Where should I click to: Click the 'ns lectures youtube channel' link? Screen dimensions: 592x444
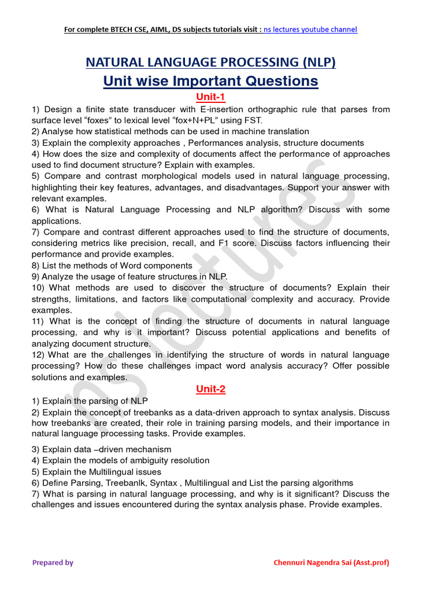pyautogui.click(x=310, y=29)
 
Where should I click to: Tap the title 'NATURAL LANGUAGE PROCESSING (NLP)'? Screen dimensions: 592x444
pyautogui.click(x=210, y=62)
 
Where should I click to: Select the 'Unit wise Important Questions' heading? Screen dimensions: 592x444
pyautogui.click(x=210, y=81)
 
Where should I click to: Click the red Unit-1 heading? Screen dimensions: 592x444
pyautogui.click(x=210, y=97)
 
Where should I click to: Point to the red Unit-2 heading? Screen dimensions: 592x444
pyautogui.click(x=210, y=389)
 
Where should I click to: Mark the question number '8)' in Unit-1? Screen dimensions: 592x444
pyautogui.click(x=36, y=265)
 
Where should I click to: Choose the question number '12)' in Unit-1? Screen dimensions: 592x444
pyautogui.click(x=38, y=354)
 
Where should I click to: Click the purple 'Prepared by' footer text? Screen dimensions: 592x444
pyautogui.click(x=53, y=563)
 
